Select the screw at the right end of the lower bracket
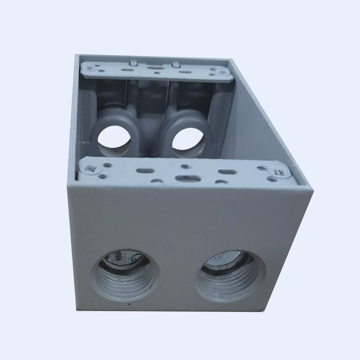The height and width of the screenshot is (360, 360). (x=277, y=171)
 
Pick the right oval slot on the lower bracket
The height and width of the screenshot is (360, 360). (x=225, y=171)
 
